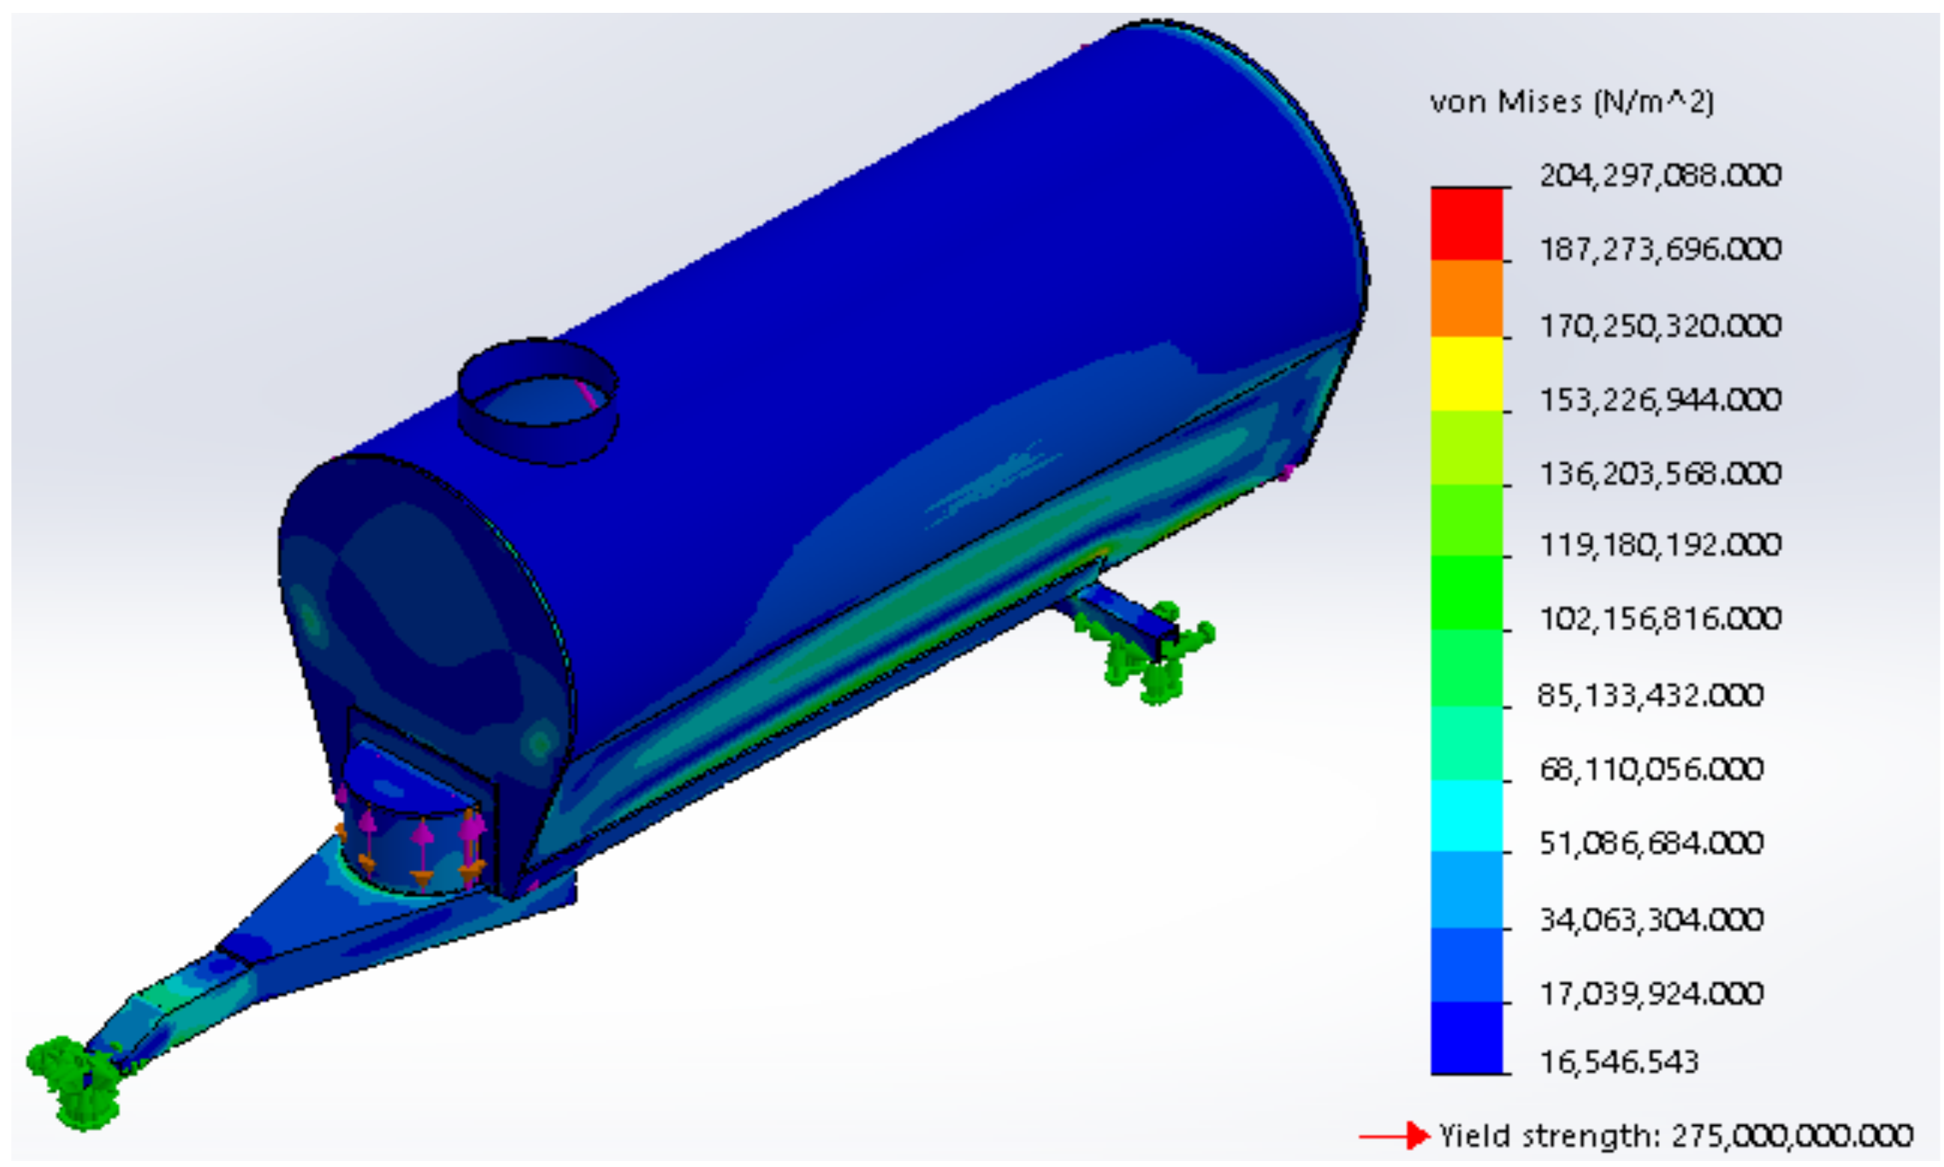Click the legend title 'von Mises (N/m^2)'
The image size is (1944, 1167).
[x=1572, y=103]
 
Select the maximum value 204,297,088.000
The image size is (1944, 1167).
[x=1660, y=175]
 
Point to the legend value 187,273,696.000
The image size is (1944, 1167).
[x=1660, y=249]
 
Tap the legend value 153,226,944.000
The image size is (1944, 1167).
[x=1660, y=400]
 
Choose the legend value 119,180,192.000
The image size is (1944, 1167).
[x=1660, y=544]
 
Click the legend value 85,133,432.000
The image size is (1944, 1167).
[x=1651, y=695]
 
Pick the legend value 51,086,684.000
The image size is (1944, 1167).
[x=1651, y=843]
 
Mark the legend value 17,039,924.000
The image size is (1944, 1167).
[x=1651, y=993]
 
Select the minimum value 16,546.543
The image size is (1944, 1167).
[x=1619, y=1062]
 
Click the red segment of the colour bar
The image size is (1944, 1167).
[x=1467, y=224]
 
